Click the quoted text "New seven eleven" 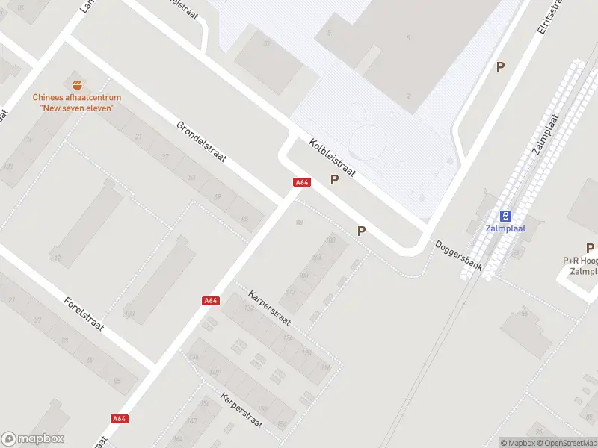76,108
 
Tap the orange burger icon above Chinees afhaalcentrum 76,84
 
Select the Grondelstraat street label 201,143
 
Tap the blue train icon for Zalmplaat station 507,216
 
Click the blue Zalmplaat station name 507,228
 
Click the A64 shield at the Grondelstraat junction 302,182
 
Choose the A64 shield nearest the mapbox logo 119,419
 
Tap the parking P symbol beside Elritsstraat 501,66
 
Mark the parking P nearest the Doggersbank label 362,231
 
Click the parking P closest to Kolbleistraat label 334,179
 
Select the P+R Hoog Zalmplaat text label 582,266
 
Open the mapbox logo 33,439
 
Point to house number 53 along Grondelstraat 192,177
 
